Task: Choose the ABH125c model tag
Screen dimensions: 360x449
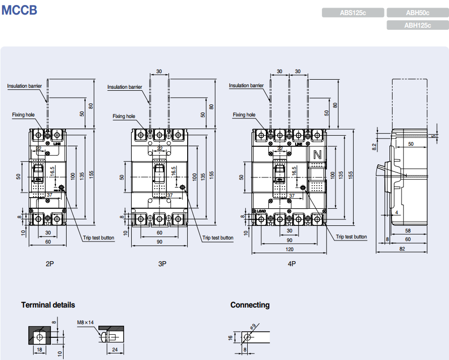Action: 417,25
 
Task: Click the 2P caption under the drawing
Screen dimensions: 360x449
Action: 49,264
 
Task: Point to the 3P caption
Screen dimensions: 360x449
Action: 162,264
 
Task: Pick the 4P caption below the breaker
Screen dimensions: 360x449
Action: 292,264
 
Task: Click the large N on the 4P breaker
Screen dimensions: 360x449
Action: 317,155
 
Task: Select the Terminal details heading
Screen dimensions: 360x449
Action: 48,305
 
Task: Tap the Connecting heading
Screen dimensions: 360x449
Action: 250,305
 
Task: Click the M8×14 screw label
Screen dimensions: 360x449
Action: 86,322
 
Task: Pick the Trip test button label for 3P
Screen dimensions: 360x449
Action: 217,238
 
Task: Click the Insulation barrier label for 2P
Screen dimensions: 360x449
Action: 24,86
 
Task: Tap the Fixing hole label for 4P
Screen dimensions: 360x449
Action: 244,115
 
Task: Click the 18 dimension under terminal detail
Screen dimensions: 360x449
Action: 39,349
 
